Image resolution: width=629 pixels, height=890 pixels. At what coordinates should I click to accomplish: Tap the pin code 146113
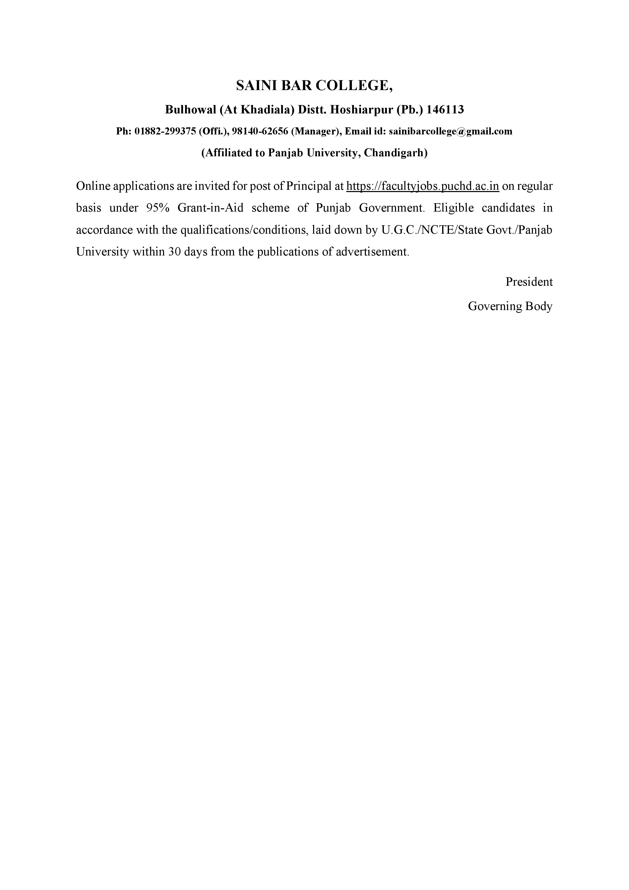(x=445, y=110)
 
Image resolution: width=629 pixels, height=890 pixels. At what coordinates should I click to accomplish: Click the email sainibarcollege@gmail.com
(x=451, y=131)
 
